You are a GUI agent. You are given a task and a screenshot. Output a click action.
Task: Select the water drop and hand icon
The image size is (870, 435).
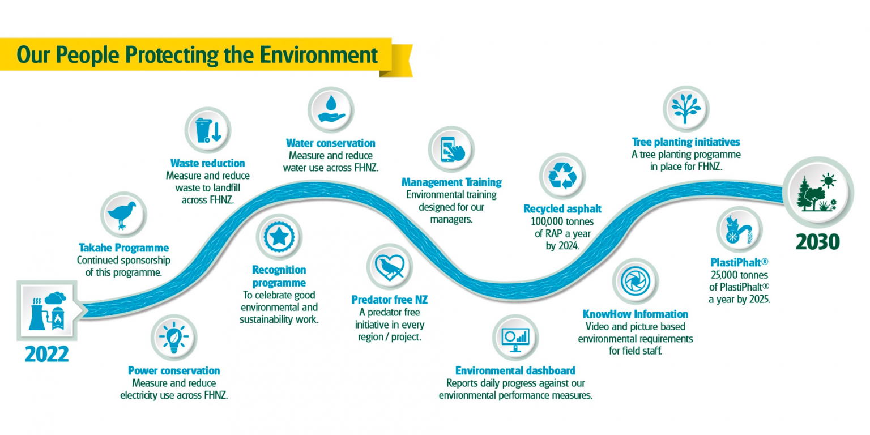pos(331,109)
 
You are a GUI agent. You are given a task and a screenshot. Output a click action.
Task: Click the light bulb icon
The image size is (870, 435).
pos(174,339)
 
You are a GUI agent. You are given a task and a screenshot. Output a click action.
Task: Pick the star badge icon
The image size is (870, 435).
pos(279,237)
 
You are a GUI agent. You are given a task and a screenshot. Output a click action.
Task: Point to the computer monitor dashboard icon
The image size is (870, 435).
pos(515,338)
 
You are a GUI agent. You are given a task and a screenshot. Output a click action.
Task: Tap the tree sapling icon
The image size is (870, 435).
pos(686,108)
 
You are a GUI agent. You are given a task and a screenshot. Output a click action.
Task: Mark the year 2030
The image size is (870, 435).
pos(817,242)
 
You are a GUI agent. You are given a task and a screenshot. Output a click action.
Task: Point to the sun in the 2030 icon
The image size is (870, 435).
pos(828,181)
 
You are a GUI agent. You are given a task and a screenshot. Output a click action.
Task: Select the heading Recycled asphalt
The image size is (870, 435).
pos(562,209)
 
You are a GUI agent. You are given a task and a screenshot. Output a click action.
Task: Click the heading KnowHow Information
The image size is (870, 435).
pos(635,314)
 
